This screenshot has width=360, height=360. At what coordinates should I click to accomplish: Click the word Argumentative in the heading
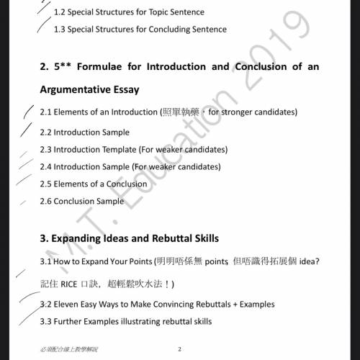point(78,90)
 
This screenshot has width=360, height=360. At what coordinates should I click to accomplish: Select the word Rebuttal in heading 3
point(171,238)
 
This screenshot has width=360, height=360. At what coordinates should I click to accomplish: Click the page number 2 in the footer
point(179,349)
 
